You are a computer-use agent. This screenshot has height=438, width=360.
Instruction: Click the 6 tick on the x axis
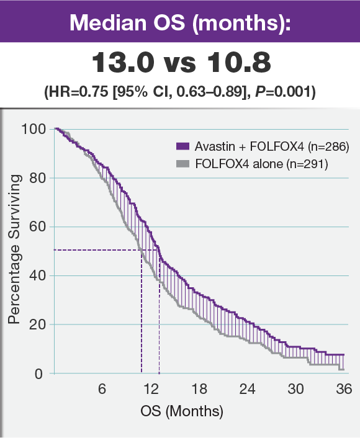click(102, 389)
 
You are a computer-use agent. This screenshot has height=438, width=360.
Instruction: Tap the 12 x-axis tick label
click(151, 389)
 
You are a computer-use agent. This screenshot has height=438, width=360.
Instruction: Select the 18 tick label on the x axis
click(199, 389)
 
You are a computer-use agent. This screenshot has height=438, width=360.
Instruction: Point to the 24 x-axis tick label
click(248, 389)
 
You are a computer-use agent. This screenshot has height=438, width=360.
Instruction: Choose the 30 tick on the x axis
click(296, 389)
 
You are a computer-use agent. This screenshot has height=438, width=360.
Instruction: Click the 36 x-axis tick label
click(344, 389)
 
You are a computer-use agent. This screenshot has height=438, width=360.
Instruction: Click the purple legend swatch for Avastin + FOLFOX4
click(181, 146)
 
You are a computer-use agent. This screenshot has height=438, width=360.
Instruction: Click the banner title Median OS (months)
click(180, 22)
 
